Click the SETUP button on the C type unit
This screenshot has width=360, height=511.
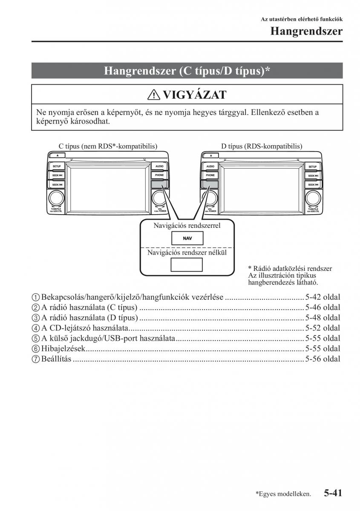click(x=57, y=167)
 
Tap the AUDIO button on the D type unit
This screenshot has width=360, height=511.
click(x=210, y=167)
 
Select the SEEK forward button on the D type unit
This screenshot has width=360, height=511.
click(x=313, y=175)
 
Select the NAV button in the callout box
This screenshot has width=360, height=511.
click(x=187, y=238)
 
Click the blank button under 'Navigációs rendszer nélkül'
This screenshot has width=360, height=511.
click(x=187, y=265)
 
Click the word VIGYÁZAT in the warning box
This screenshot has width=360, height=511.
click(x=195, y=95)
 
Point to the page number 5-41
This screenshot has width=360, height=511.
click(x=333, y=493)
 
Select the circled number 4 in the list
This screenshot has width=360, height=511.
click(x=35, y=328)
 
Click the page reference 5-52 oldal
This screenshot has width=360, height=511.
click(x=323, y=328)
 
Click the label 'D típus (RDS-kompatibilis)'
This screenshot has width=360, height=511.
click(x=262, y=146)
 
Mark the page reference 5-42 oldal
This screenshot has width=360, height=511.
click(x=323, y=297)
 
